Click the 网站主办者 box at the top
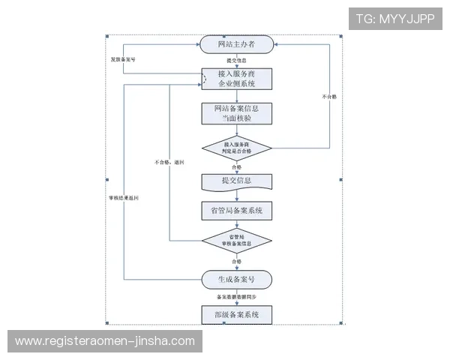[236, 45]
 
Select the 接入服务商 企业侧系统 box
[236, 79]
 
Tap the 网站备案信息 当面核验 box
[236, 113]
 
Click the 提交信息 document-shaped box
[236, 181]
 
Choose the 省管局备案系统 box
[236, 211]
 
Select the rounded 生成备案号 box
[236, 279]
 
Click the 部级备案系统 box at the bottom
[236, 314]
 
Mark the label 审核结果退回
[123, 198]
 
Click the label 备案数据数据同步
[237, 297]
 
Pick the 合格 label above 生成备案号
[237, 261]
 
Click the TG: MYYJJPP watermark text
[395, 18]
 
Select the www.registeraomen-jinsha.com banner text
[105, 341]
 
